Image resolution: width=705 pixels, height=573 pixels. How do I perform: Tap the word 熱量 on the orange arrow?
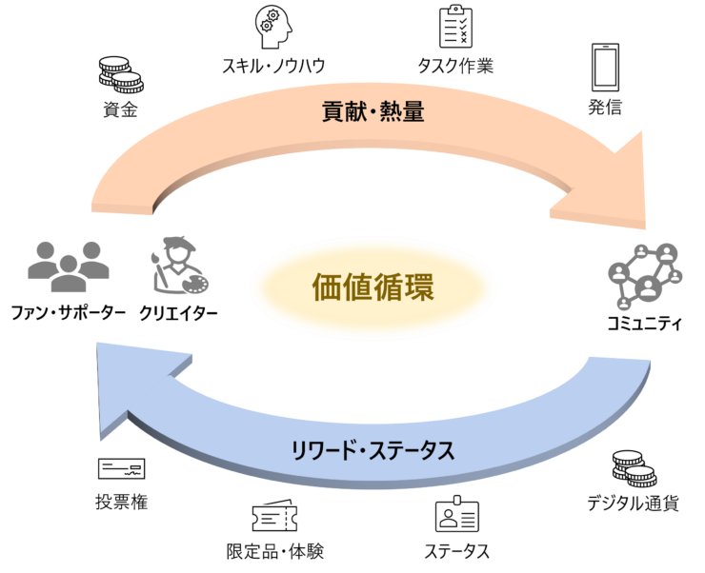coord(404,112)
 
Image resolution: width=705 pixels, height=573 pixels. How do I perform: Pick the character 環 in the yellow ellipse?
coord(419,286)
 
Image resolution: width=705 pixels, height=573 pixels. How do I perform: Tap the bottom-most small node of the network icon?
coord(625,306)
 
